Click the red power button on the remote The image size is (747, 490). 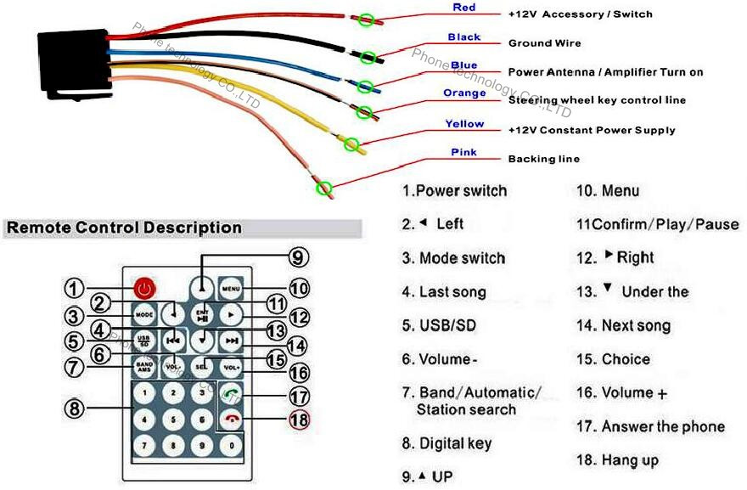[x=145, y=287]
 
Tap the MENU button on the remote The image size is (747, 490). [x=230, y=287]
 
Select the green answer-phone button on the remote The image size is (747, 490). [x=230, y=393]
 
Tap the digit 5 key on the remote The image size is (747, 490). [x=173, y=419]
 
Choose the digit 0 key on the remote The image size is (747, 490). [x=230, y=444]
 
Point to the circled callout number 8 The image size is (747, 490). [x=76, y=408]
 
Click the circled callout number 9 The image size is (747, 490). [x=296, y=258]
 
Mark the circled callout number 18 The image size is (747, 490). [x=298, y=420]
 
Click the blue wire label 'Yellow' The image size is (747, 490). [x=464, y=124]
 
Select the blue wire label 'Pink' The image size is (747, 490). [x=463, y=153]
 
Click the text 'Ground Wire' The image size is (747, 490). [x=544, y=43]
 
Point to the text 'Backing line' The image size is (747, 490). [x=544, y=159]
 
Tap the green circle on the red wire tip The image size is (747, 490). [x=367, y=18]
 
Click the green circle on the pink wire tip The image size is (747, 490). [x=323, y=188]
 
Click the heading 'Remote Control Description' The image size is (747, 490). [x=124, y=228]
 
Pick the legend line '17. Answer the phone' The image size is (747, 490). [x=650, y=426]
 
